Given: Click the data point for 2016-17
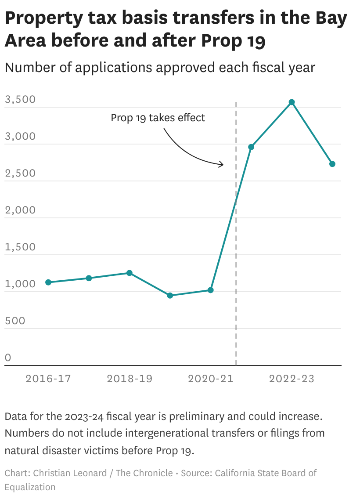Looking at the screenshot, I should click(x=48, y=282).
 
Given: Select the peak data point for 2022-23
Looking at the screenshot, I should click(x=292, y=102).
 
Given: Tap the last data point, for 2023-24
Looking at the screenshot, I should click(x=332, y=164).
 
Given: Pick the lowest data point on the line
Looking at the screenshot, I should click(x=170, y=296).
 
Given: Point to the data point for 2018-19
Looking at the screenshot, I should click(x=130, y=273).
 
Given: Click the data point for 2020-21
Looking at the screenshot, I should click(x=211, y=290).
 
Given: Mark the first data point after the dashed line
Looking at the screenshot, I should click(x=251, y=147).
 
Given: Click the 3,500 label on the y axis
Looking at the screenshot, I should click(x=20, y=99).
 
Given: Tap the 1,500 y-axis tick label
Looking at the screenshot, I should click(x=20, y=247).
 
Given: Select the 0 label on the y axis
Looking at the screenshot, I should click(x=8, y=358).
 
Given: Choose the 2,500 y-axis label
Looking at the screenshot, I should click(x=20, y=173).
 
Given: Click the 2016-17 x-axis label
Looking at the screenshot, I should click(x=48, y=379).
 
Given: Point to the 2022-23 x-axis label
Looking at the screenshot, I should click(x=292, y=379).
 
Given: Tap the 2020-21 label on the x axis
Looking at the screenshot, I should click(x=211, y=379).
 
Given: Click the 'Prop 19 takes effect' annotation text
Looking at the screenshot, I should click(x=158, y=118).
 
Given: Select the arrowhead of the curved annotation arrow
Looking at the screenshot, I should click(x=222, y=165).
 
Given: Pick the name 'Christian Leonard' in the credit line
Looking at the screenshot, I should click(x=70, y=473).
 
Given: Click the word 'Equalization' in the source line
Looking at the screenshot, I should click(x=30, y=487).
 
